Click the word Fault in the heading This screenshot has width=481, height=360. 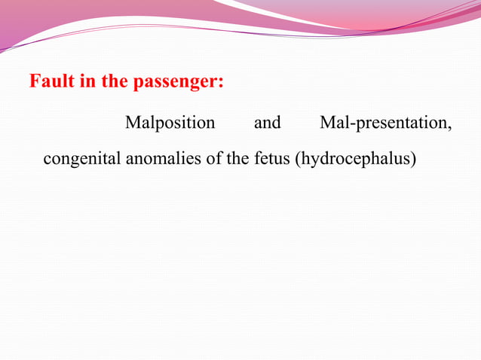pyautogui.click(x=48, y=81)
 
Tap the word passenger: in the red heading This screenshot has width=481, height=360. pyautogui.click(x=179, y=82)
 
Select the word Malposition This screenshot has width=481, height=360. pyautogui.click(x=170, y=122)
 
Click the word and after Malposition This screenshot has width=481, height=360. pyautogui.click(x=268, y=122)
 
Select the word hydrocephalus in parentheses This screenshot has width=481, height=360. pyautogui.click(x=358, y=160)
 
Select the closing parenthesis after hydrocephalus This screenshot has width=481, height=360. pyautogui.click(x=414, y=160)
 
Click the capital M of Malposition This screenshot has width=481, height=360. pyautogui.click(x=131, y=122)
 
